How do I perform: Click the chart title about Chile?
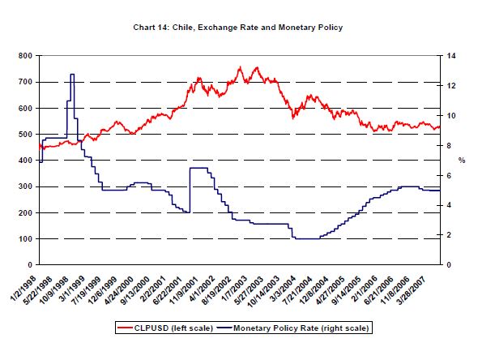237,27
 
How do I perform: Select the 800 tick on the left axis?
23,56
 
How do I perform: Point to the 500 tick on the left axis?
23,135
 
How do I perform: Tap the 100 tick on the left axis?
23,239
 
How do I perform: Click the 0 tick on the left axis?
28,265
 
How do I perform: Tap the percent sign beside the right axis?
463,160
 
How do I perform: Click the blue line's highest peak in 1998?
72,75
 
